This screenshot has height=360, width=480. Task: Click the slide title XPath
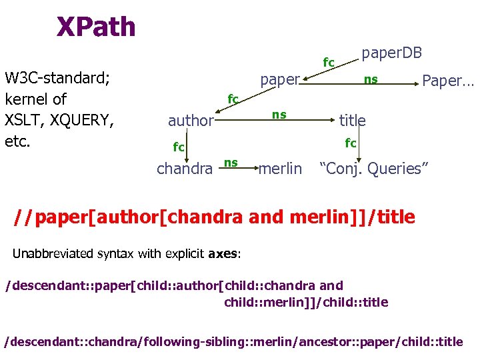96,27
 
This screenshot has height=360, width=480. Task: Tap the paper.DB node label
392,53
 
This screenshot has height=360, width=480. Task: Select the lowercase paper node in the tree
280,80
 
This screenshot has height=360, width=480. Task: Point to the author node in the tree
190,121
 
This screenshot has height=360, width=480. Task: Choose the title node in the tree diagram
353,120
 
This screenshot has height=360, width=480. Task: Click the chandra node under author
184,169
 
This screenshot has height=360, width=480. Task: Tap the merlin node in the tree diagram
280,169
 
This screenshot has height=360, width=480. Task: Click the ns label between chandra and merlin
231,162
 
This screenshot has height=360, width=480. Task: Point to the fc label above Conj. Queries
350,143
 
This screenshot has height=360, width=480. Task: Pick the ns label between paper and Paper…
371,80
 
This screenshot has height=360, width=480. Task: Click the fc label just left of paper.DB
329,63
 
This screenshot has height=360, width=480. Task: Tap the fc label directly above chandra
179,146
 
